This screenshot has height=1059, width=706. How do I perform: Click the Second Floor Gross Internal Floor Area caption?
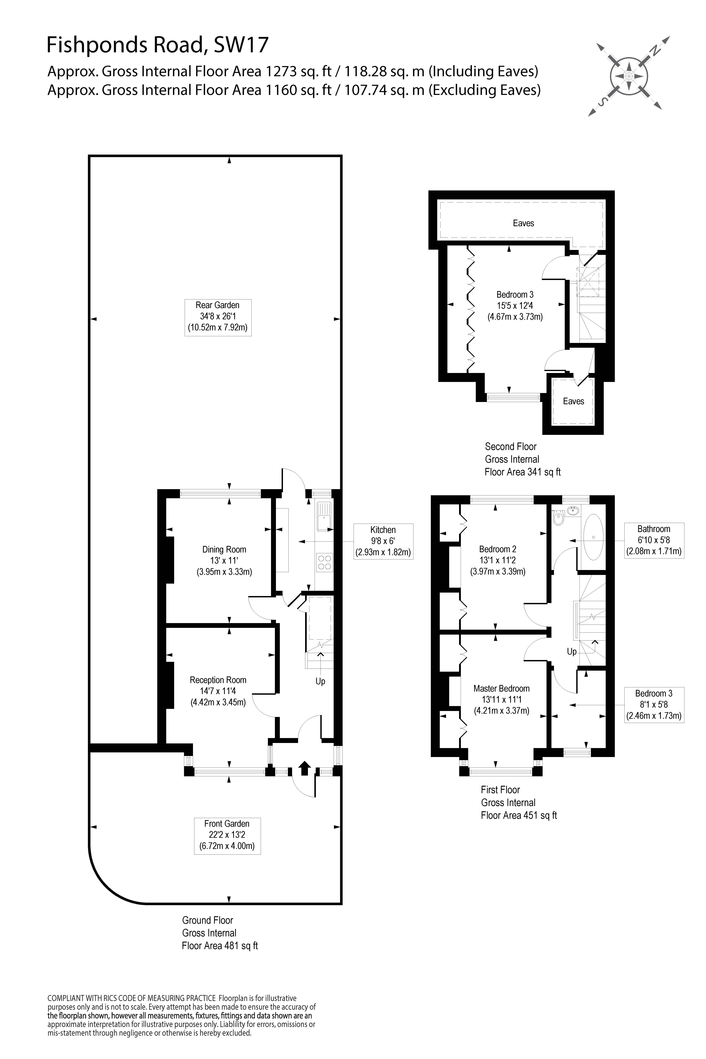pyautogui.click(x=522, y=459)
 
